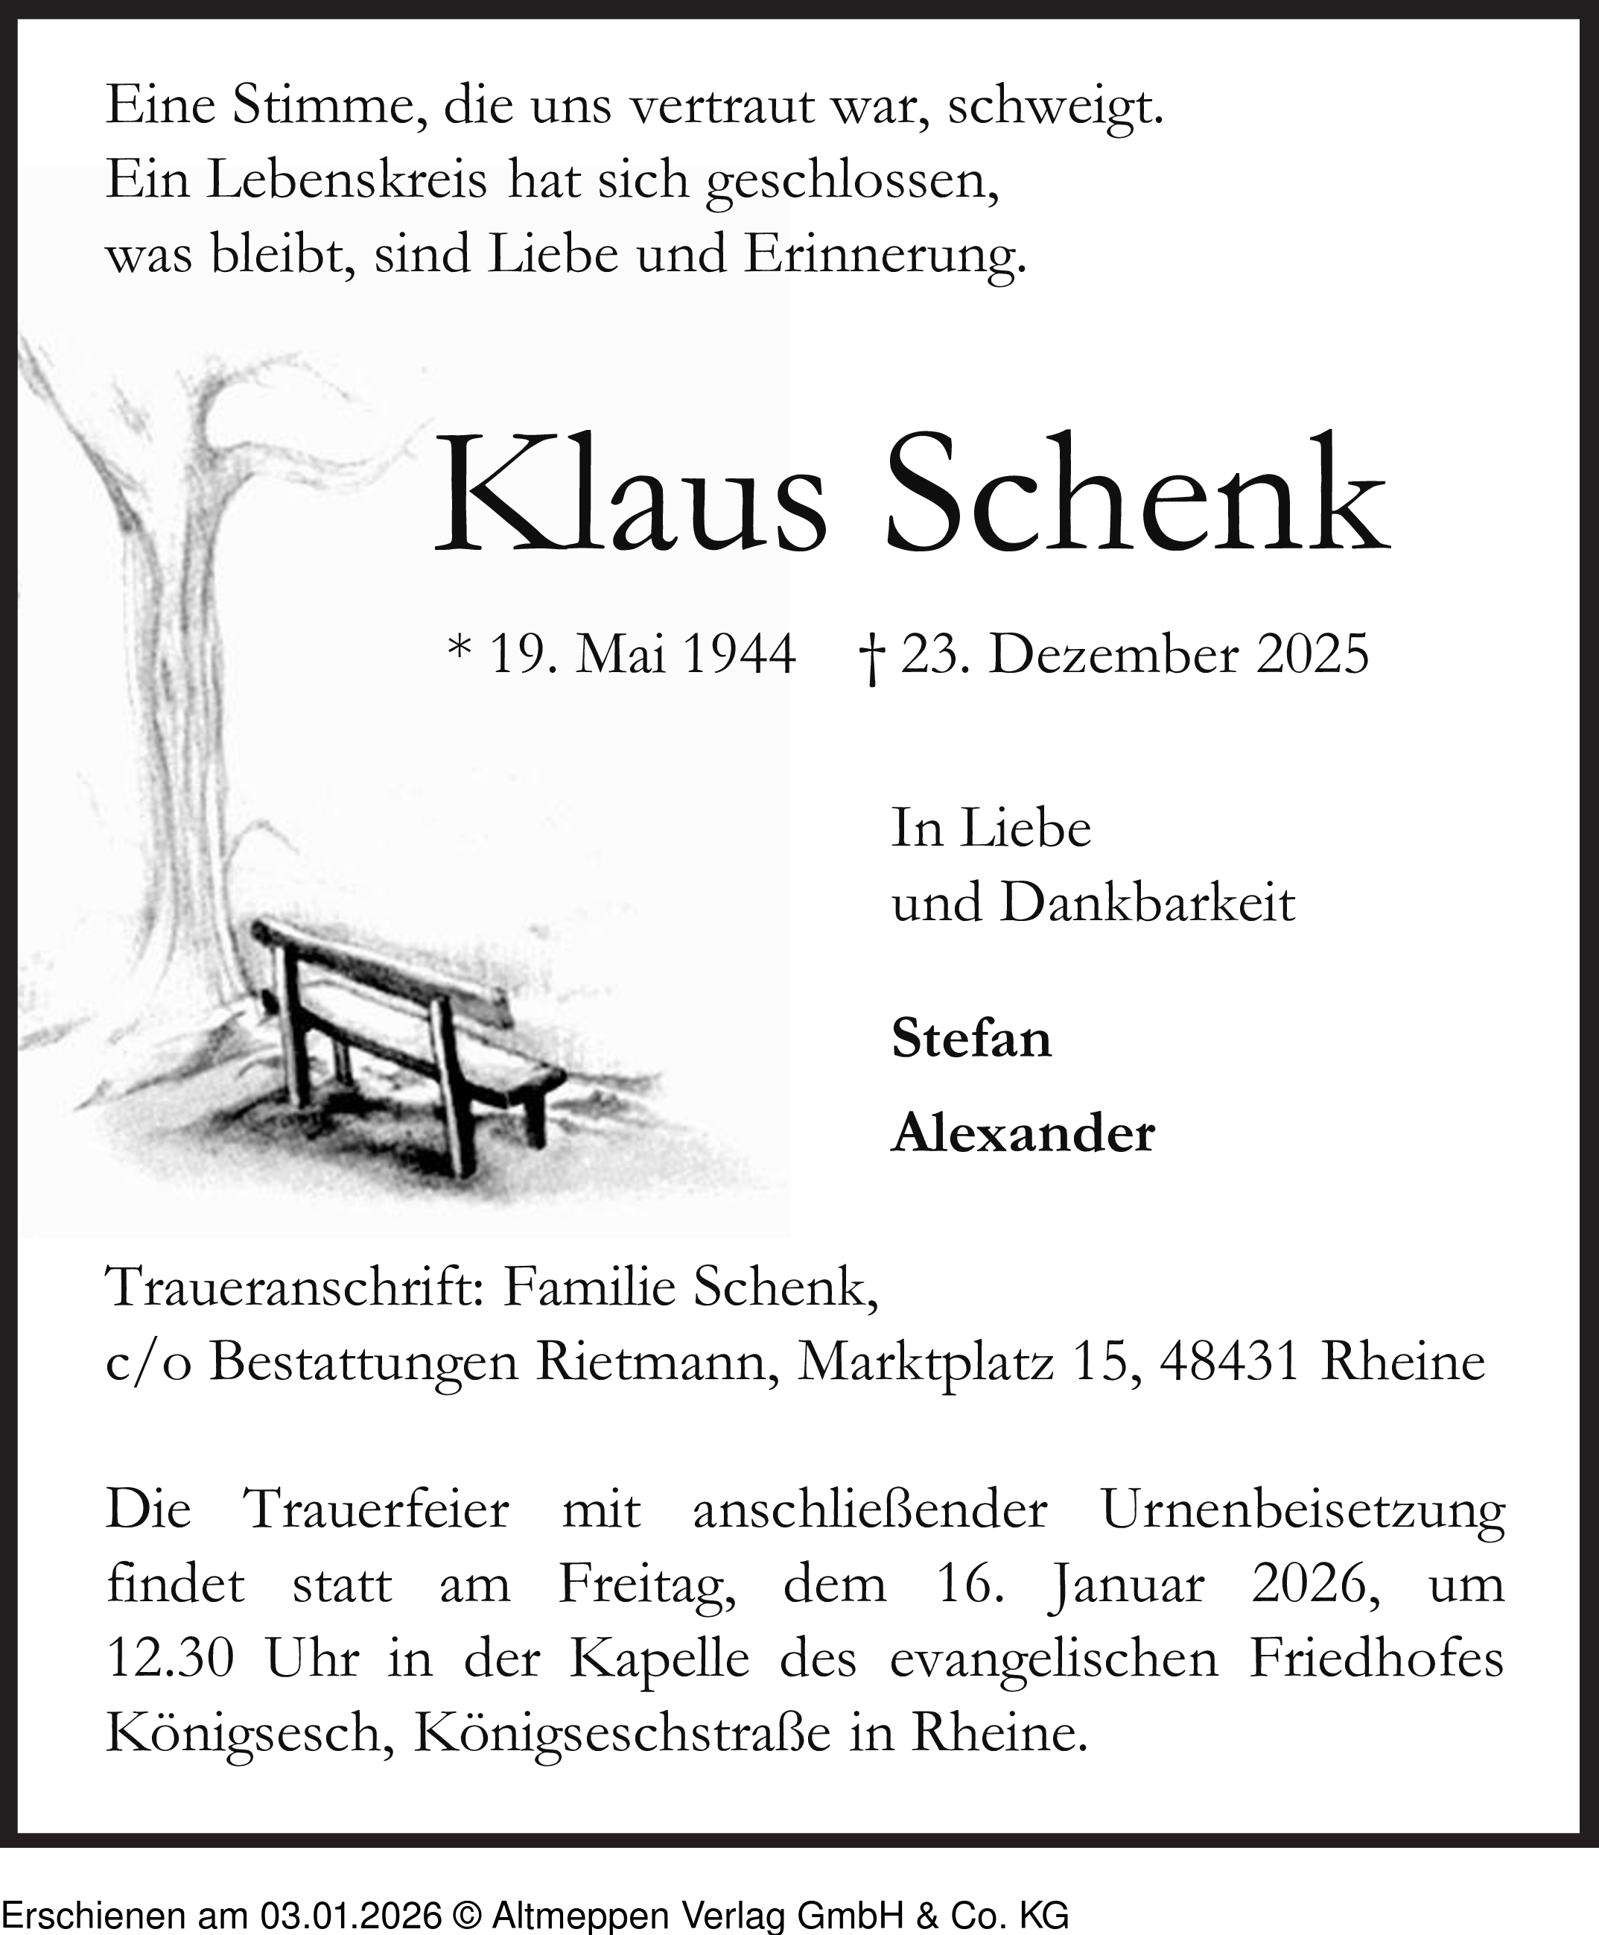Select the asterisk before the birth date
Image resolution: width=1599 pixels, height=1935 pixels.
pos(459,650)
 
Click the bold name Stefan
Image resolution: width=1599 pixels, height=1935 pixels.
pos(971,1039)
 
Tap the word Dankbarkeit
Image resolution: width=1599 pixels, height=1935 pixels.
pos(1148,903)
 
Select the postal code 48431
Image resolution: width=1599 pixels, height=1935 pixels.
pos(1230,1362)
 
